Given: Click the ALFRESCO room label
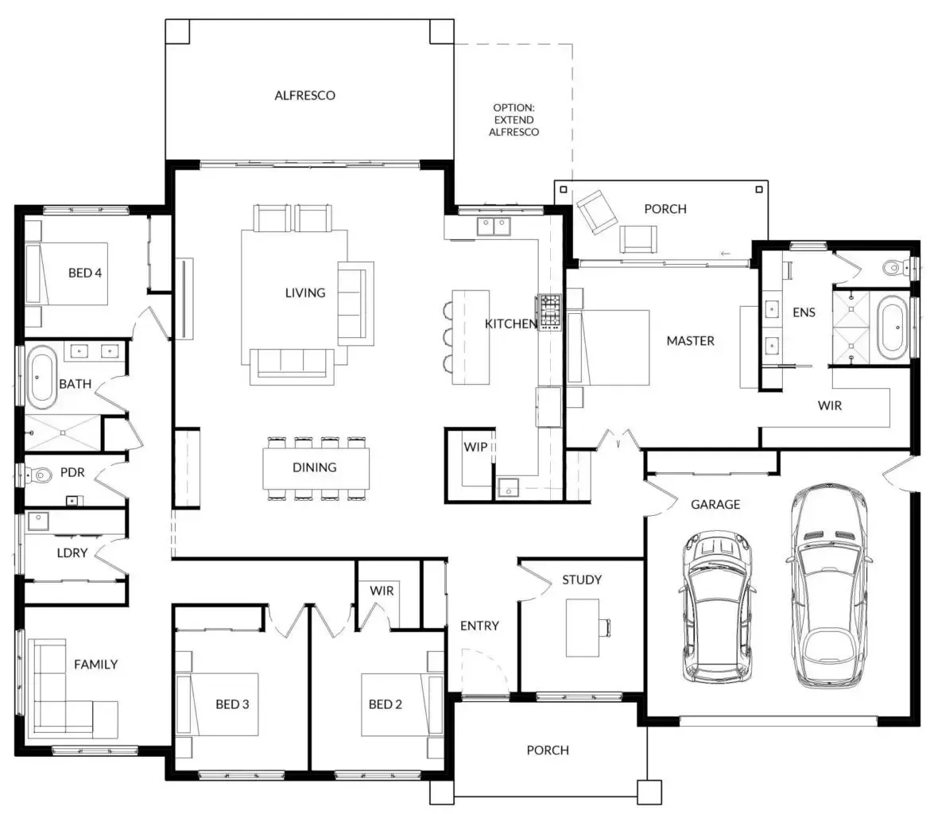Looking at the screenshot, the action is (304, 95).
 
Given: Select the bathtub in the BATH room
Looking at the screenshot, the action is (41, 377).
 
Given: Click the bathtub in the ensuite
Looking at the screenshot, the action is (893, 328).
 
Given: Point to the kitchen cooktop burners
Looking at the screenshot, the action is (550, 312).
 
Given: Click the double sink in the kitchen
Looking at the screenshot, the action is (494, 227).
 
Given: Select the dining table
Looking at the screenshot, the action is (316, 468).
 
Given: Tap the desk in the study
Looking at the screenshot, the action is (582, 627).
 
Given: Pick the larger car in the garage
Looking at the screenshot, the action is (828, 584).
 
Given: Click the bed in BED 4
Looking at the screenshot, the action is (67, 273).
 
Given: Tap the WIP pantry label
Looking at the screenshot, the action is (475, 447).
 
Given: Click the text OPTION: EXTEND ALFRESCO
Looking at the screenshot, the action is (514, 120).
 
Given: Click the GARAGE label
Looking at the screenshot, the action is (715, 505).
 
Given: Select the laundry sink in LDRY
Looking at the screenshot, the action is (38, 521).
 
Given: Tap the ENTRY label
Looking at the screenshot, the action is (479, 626).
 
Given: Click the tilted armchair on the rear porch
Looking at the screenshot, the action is (596, 211).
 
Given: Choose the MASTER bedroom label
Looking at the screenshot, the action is (691, 341).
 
